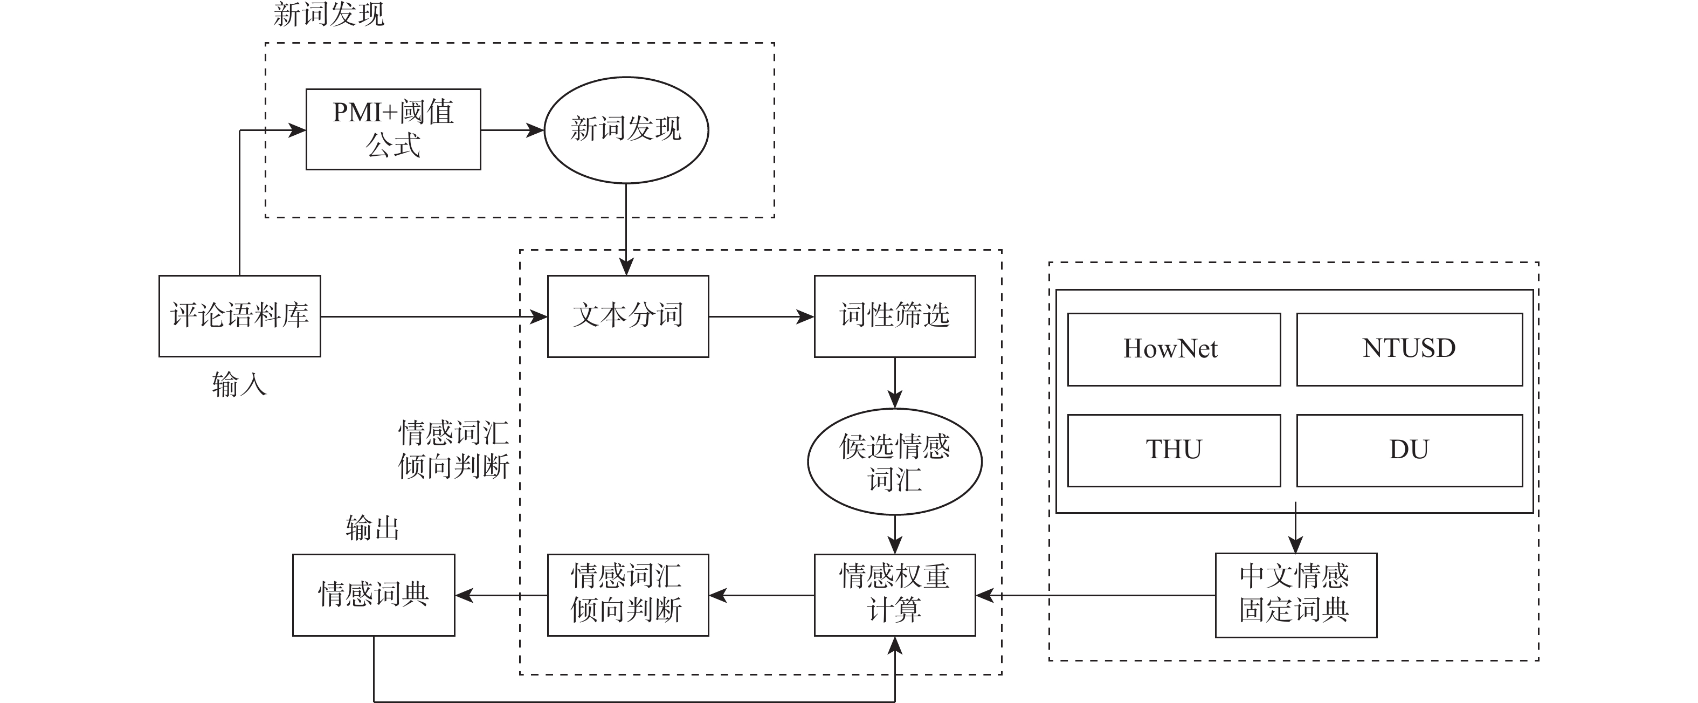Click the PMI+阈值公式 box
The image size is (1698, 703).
pyautogui.click(x=393, y=129)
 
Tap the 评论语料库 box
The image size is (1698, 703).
pyautogui.click(x=239, y=316)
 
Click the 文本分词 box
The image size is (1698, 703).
pyautogui.click(x=627, y=316)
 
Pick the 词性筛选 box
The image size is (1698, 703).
pyautogui.click(x=894, y=316)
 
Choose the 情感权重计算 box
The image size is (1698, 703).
pyautogui.click(x=894, y=594)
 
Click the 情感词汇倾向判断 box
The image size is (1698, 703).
pyautogui.click(x=627, y=594)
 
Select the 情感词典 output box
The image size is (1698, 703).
pyautogui.click(x=373, y=594)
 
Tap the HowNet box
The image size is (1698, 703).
pyautogui.click(x=1174, y=349)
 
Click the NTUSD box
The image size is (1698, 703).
pyautogui.click(x=1409, y=349)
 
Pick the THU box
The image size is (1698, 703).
pyautogui.click(x=1174, y=450)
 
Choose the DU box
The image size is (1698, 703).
pyautogui.click(x=1409, y=450)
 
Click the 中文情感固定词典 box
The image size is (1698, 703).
pyautogui.click(x=1295, y=594)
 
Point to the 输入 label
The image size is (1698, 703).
pyautogui.click(x=239, y=384)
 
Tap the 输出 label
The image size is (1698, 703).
pyautogui.click(x=372, y=528)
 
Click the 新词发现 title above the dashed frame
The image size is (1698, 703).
pyautogui.click(x=328, y=15)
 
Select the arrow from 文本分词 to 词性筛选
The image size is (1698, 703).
pyautogui.click(x=761, y=316)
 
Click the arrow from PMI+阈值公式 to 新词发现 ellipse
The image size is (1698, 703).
pyautogui.click(x=512, y=130)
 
